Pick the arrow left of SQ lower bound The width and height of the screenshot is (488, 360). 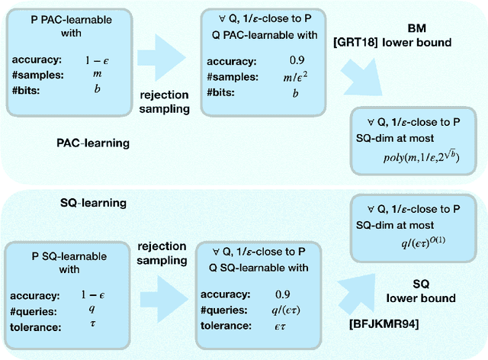(x=361, y=287)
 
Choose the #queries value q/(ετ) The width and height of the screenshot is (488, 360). (x=284, y=310)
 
